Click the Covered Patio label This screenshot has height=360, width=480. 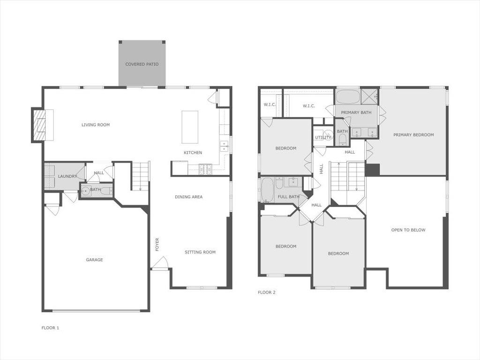click(142, 64)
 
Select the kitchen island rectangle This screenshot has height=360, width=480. click(190, 127)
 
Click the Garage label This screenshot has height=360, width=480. click(94, 260)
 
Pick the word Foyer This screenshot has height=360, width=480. click(157, 244)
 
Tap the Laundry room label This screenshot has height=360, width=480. click(67, 176)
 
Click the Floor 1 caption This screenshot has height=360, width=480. click(50, 328)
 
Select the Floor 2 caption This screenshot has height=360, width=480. click(267, 292)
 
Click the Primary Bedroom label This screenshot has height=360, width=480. click(413, 135)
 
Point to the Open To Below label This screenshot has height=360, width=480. click(408, 230)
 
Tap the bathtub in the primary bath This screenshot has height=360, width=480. click(348, 97)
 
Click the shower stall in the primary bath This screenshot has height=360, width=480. click(370, 97)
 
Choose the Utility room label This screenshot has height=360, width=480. click(323, 137)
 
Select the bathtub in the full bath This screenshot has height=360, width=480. click(267, 190)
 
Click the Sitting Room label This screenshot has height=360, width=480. click(200, 252)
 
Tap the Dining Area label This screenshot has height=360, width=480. click(189, 197)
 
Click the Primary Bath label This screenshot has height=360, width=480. click(356, 112)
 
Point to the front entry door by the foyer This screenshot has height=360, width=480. click(160, 263)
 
